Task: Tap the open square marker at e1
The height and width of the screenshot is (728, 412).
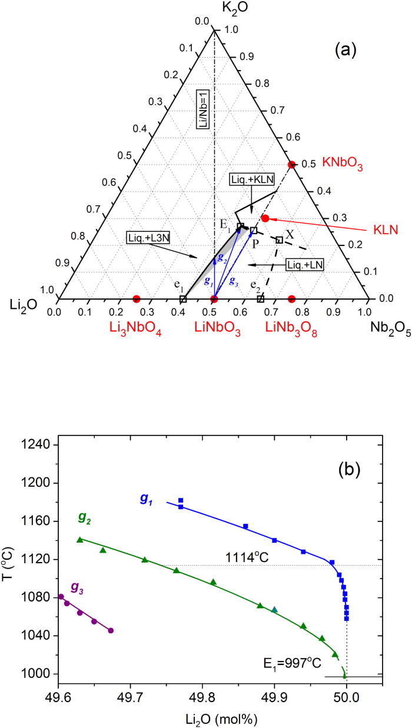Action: pyautogui.click(x=183, y=300)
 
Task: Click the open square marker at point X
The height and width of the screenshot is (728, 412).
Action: pyautogui.click(x=280, y=240)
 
